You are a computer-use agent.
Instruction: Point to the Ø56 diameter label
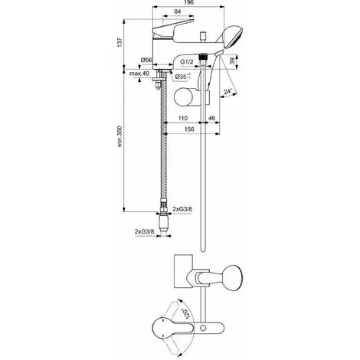pyautogui.click(x=148, y=60)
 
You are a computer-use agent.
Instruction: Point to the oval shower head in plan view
pyautogui.click(x=228, y=280)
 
